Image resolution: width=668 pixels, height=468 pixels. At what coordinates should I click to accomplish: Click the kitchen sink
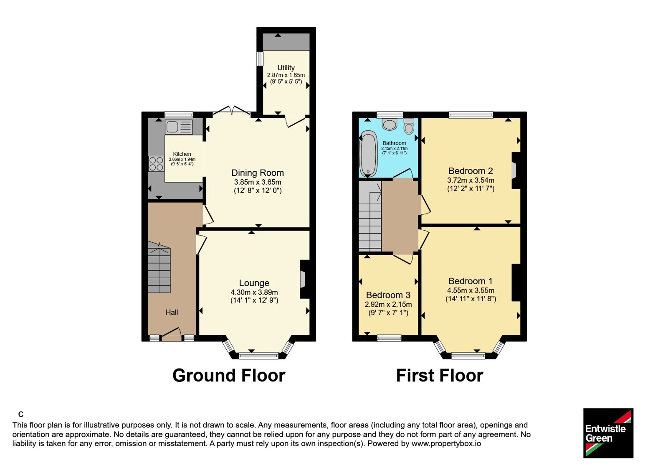coord(179,127)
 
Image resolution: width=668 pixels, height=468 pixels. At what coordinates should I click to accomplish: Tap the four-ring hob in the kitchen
coord(156,163)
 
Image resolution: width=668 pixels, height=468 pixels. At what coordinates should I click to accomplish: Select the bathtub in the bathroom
coord(368,153)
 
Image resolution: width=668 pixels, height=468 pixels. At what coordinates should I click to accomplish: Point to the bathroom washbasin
coord(390,124)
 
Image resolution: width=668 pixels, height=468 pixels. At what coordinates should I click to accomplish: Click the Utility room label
coord(286,68)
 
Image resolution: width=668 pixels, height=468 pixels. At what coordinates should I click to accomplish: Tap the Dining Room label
coord(258,173)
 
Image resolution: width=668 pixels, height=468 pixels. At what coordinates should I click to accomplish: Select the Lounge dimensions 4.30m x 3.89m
coord(254,292)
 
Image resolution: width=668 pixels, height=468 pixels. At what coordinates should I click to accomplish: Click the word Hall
coord(172,312)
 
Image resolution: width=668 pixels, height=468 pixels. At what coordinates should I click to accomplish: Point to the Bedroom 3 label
coord(388,295)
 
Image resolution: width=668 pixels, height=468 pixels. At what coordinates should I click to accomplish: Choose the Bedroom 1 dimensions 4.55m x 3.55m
coord(471,290)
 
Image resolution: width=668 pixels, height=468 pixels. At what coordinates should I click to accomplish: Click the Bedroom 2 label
coord(471,171)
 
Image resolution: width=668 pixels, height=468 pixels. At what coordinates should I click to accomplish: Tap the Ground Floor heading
coord(229,376)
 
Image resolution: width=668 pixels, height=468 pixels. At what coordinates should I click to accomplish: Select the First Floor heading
coord(440,376)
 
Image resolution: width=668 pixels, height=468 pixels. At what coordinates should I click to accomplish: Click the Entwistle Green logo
coord(608,433)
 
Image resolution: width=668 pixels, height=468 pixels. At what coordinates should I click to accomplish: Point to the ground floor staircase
coord(159,267)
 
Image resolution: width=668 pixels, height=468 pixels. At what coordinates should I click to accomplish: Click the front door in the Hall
coord(172,335)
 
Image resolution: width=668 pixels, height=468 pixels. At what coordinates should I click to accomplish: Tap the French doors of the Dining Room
coord(232,111)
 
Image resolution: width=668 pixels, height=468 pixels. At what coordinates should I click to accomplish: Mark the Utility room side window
coord(261,58)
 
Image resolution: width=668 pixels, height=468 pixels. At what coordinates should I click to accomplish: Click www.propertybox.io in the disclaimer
coord(446,443)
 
